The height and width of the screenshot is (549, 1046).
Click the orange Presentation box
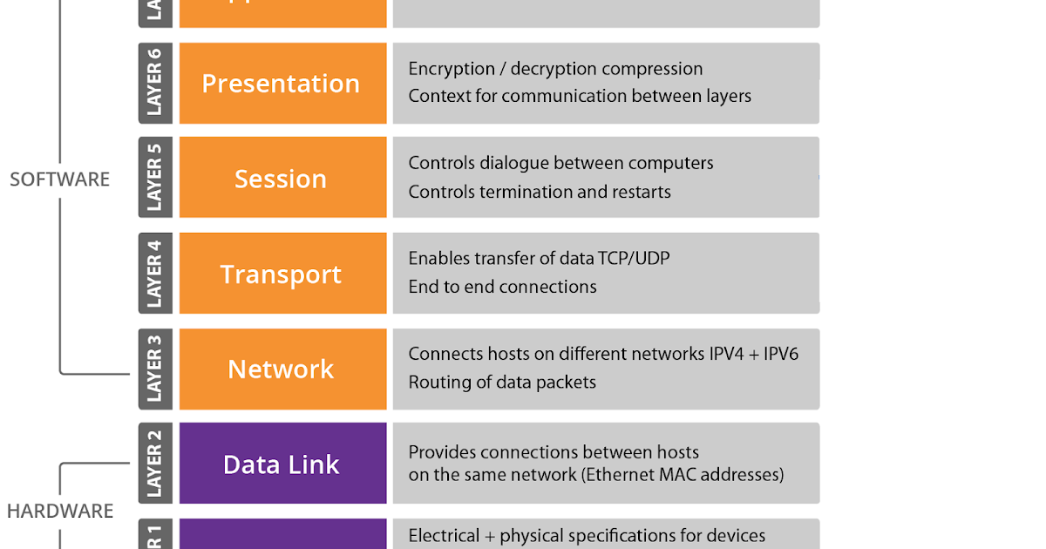(x=282, y=84)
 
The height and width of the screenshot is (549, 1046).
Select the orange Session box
(x=282, y=178)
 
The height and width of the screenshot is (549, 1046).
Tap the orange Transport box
(x=282, y=274)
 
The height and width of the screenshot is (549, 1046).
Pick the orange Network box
(x=282, y=369)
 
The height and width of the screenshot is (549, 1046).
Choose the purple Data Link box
(x=282, y=464)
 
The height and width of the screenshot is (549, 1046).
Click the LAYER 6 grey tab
(x=154, y=83)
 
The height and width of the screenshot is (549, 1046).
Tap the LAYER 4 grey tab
(x=154, y=273)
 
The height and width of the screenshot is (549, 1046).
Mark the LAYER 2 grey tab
(x=154, y=463)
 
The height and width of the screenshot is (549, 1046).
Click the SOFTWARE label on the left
(x=59, y=180)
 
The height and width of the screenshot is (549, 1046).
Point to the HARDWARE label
(x=59, y=511)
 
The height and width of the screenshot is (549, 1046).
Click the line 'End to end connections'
(x=502, y=287)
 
